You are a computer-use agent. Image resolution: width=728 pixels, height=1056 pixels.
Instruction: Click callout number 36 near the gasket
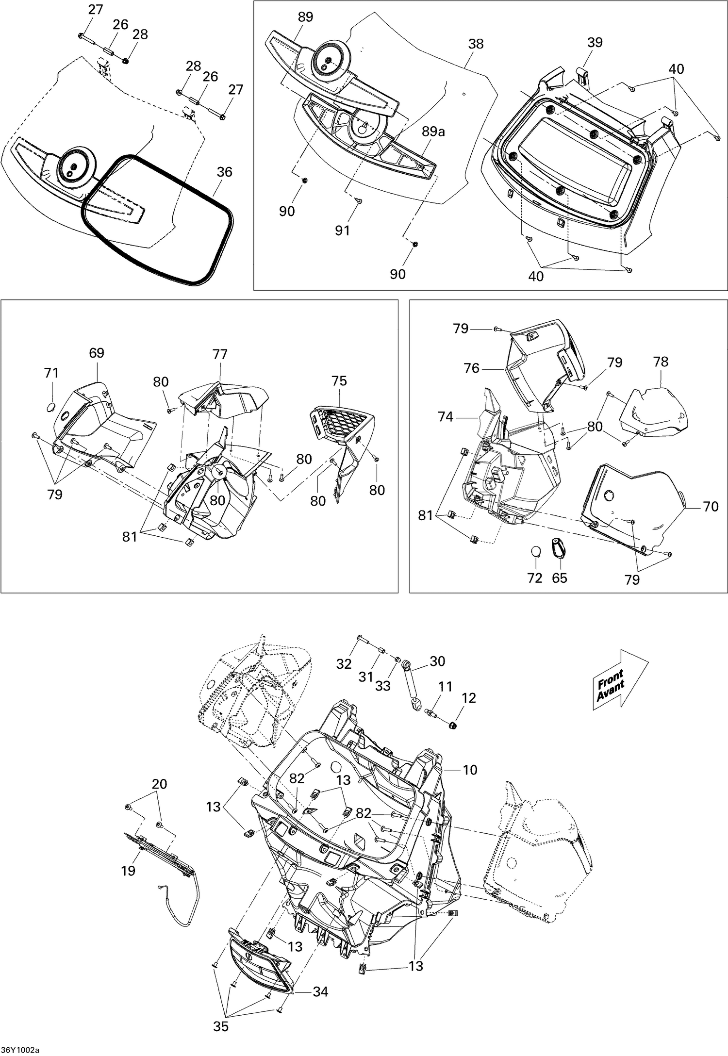click(x=224, y=172)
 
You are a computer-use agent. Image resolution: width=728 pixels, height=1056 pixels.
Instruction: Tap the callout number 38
click(x=476, y=44)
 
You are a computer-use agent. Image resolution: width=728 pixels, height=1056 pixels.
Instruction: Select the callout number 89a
click(x=433, y=132)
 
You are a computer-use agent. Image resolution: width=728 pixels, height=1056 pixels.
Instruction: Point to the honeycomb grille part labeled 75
click(x=342, y=421)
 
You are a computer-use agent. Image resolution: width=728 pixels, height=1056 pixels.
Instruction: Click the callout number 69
click(x=97, y=353)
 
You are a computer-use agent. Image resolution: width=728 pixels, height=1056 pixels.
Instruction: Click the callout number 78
click(x=661, y=362)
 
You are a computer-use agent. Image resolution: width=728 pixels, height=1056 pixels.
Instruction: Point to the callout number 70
click(x=711, y=507)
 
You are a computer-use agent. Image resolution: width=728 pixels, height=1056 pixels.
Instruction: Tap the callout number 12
click(x=469, y=698)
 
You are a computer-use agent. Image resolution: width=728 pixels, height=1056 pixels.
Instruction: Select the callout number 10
click(x=470, y=770)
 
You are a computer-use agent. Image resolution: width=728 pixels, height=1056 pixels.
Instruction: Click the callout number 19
click(x=128, y=871)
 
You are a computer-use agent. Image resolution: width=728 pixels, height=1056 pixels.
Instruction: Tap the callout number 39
click(x=595, y=43)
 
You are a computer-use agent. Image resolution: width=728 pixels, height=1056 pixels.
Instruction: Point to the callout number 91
click(x=343, y=230)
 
